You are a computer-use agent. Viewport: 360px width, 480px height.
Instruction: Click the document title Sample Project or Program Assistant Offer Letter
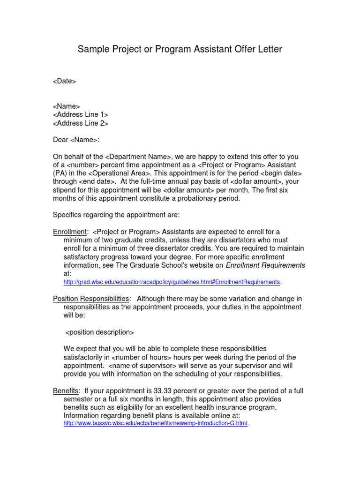coord(180,49)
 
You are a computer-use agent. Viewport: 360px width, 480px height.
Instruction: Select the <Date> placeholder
coord(64,81)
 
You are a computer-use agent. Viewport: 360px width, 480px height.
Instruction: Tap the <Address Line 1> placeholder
coord(81,115)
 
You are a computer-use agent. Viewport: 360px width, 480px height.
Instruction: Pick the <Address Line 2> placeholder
coord(81,123)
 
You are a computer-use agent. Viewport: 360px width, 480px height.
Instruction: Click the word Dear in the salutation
coord(60,140)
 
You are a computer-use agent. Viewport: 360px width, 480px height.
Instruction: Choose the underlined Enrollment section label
coord(70,232)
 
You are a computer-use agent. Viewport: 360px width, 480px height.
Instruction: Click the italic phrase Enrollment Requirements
coord(265,265)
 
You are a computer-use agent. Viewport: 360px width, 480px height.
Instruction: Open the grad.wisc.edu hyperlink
coord(172,282)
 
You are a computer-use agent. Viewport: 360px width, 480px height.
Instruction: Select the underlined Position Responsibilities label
coord(91,299)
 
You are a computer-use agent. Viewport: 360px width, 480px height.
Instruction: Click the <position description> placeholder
coord(99,332)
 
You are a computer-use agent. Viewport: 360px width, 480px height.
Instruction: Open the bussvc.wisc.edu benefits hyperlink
coord(155,423)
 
